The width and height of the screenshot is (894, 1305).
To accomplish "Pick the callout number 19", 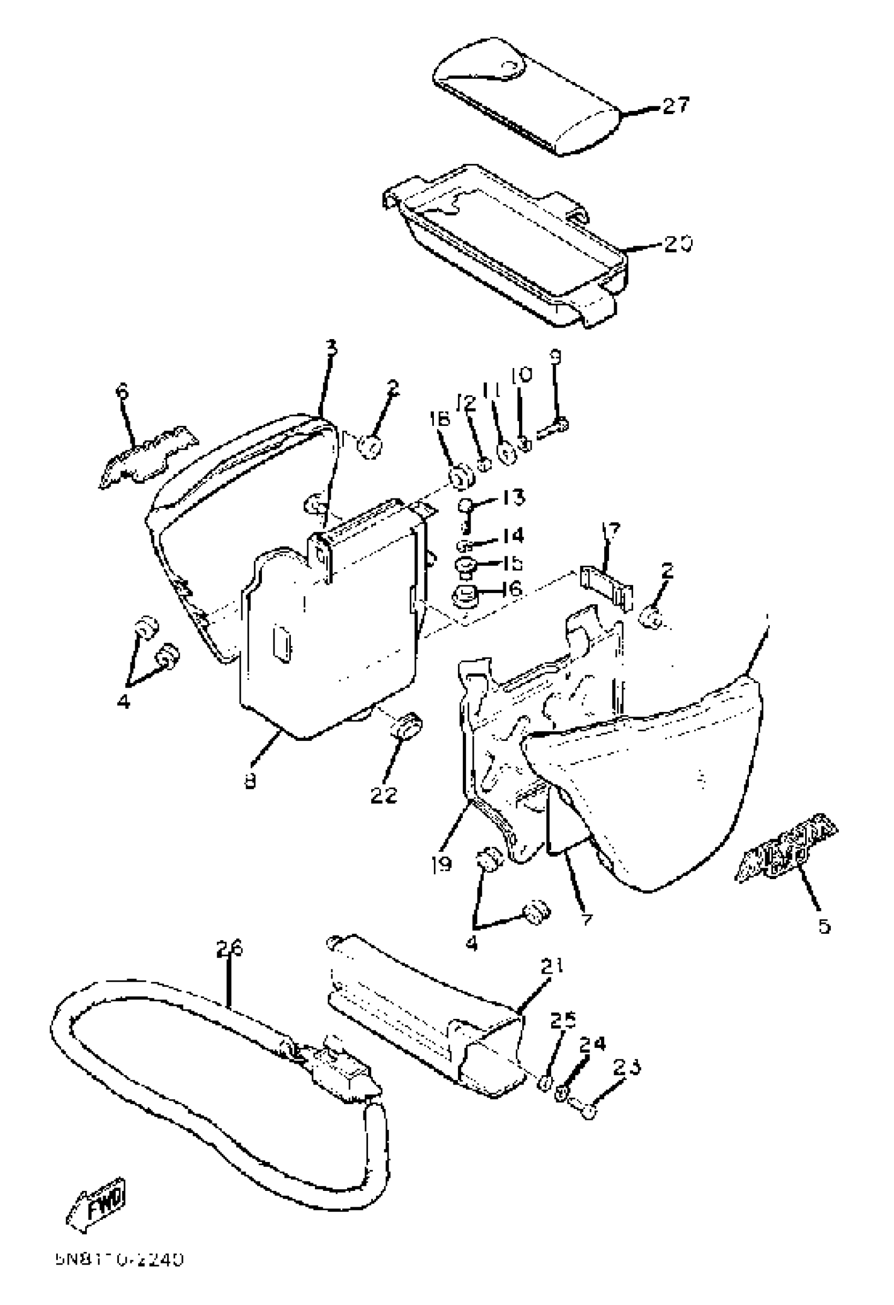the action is [x=442, y=864].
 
